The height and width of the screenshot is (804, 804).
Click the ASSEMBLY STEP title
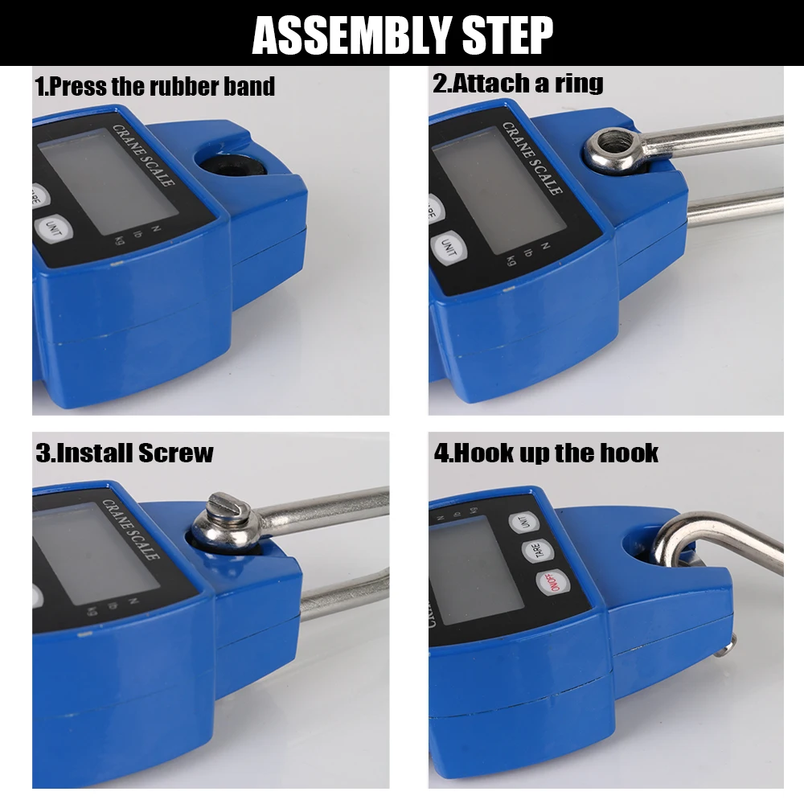tap(403, 35)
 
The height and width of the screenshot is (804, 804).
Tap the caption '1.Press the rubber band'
tap(155, 86)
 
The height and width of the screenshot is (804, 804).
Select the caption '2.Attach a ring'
tap(518, 83)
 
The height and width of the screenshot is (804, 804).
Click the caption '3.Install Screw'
tap(125, 453)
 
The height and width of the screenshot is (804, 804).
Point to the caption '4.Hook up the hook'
tap(546, 453)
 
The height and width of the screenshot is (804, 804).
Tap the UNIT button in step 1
tap(53, 228)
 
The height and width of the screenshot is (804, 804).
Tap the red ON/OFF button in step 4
tap(553, 582)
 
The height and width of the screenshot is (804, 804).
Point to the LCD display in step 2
tap(499, 190)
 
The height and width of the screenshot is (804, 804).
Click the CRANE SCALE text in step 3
tap(131, 530)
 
